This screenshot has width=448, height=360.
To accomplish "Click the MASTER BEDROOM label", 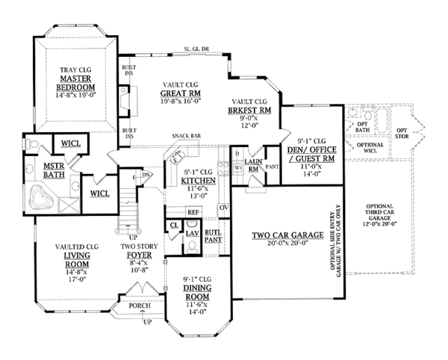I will [75, 83].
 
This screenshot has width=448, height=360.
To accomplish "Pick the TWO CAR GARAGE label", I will [281, 237].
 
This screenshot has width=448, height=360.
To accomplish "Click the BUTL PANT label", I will [213, 237].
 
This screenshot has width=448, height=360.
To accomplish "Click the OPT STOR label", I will [402, 133].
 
